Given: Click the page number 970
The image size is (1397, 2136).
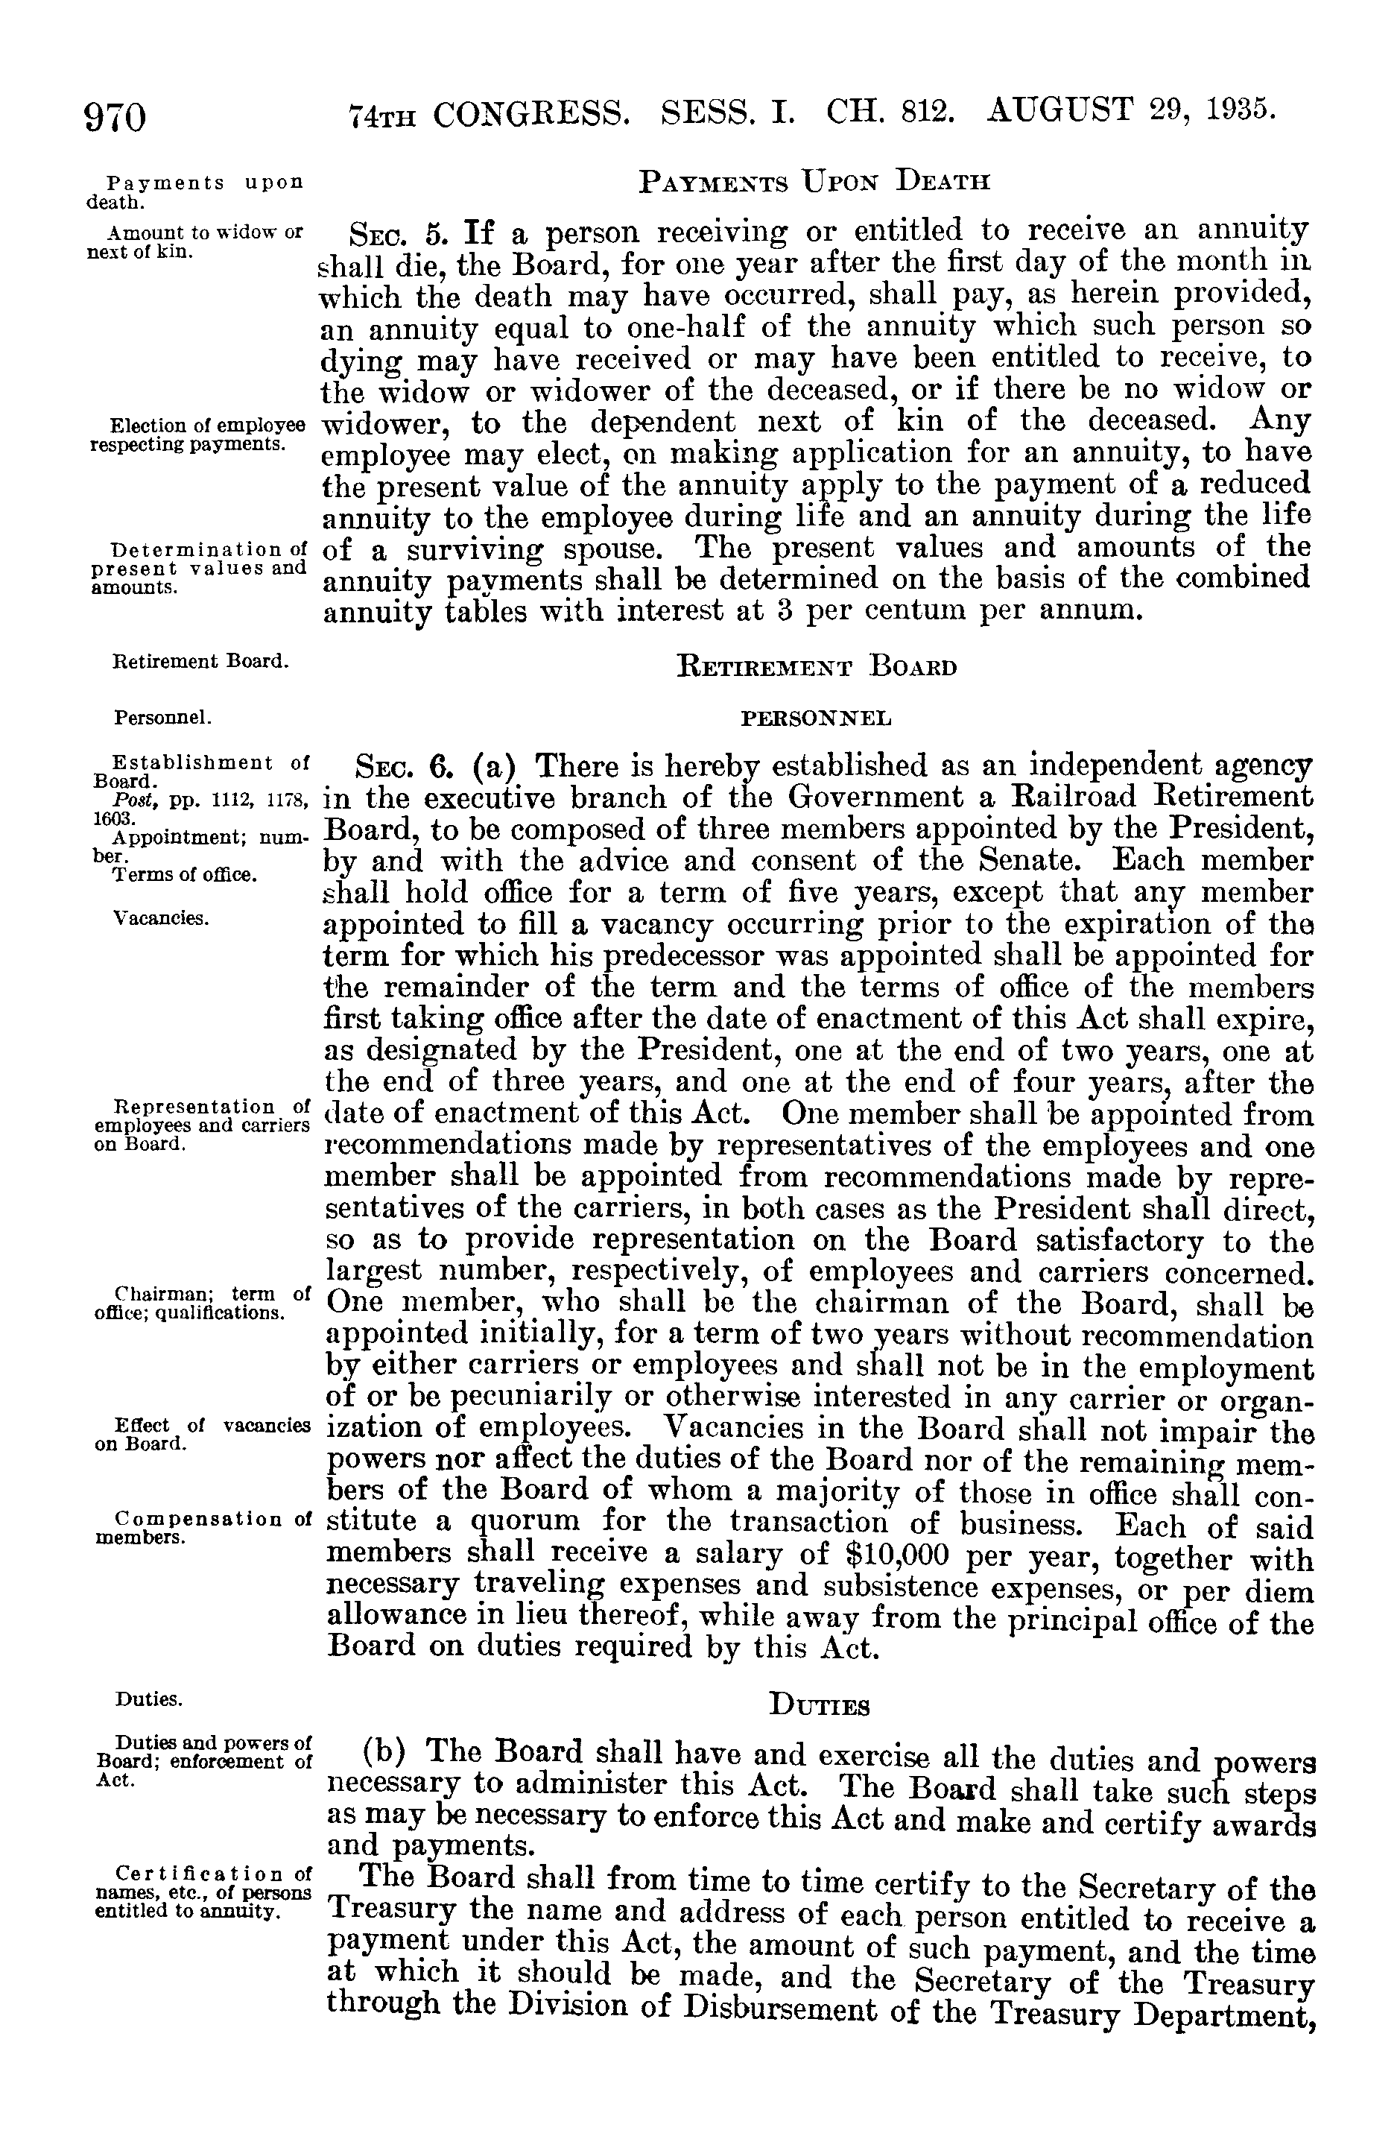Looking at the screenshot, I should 115,118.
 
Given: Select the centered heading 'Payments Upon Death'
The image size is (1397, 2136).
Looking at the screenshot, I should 814,183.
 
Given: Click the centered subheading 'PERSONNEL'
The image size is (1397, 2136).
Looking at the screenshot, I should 814,719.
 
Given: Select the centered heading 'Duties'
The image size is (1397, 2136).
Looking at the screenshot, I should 819,1706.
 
